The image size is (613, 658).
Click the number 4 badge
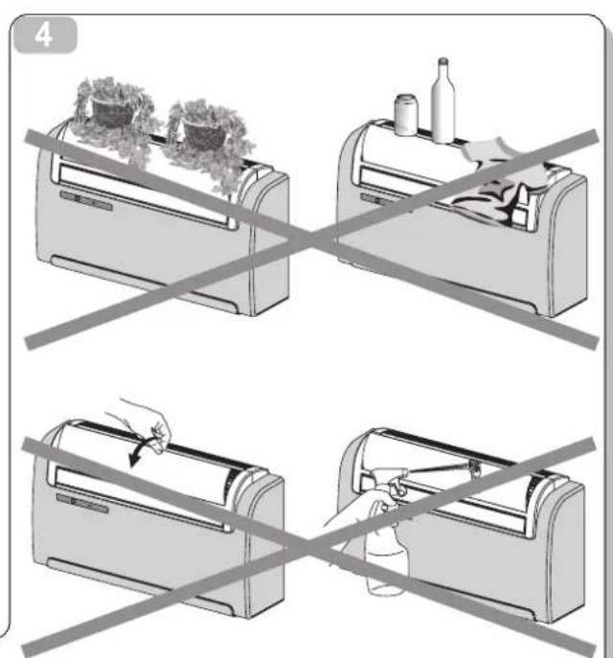tap(45, 35)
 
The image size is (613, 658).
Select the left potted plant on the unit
tap(113, 113)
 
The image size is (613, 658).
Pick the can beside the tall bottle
tap(406, 115)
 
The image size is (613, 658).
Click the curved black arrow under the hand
tap(141, 451)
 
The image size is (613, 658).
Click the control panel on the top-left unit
tap(86, 200)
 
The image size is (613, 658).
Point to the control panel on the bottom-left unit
tap(82, 503)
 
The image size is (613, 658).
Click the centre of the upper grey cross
tap(310, 240)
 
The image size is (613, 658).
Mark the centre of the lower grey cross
tap(309, 546)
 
